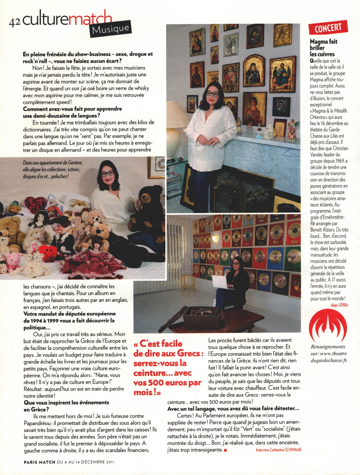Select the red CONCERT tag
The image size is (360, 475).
click(x=328, y=28)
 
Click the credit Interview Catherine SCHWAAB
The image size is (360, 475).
click(x=278, y=449)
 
